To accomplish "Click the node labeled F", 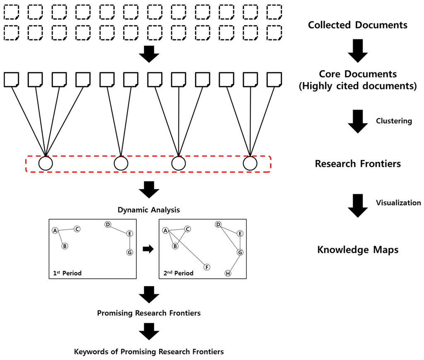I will point(207,267).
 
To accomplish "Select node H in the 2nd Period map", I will point(227,273).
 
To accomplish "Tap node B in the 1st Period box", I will point(65,246).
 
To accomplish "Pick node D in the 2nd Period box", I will point(218,225).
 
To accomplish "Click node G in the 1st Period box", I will point(130,252).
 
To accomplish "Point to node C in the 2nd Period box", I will point(187,229).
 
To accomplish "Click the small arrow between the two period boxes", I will point(147,249).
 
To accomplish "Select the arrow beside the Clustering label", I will point(357,121).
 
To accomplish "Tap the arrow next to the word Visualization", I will point(357,206).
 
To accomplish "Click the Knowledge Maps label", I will point(358,250).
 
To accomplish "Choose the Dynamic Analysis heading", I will point(149,210).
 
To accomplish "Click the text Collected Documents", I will point(358,25).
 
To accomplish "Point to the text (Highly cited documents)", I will point(358,86).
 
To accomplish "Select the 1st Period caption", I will point(67,273).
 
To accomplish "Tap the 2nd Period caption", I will point(178,273).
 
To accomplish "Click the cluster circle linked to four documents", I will point(46,163).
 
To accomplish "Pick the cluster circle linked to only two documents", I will point(120,163).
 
